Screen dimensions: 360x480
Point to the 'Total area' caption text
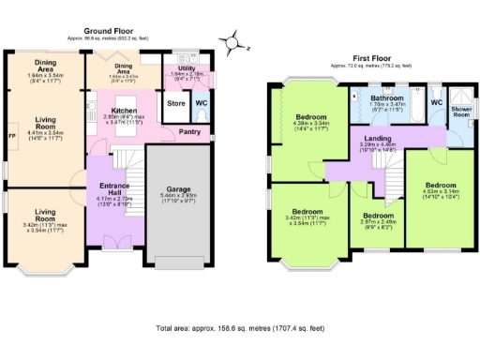pos(240,329)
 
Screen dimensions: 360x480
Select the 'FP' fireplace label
pos(11,138)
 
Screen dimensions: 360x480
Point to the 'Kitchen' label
pos(125,110)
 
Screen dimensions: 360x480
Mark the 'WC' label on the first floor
pos(436,102)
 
